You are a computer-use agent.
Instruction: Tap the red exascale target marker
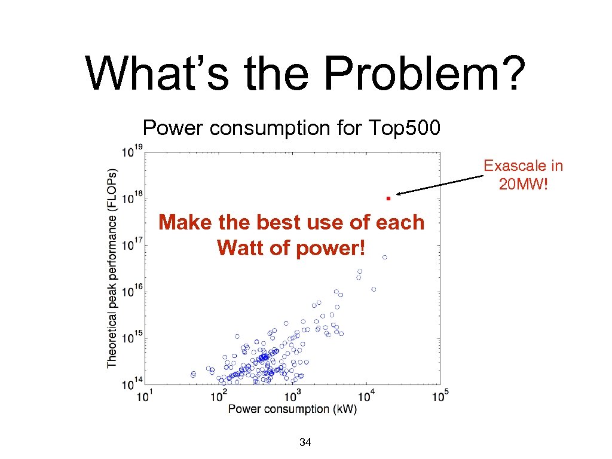[387, 197]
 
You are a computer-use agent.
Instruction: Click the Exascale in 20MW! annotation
[523, 175]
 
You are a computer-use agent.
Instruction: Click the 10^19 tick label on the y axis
[132, 151]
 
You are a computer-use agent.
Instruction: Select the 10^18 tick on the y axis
[132, 198]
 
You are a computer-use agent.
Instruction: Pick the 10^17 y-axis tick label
[132, 244]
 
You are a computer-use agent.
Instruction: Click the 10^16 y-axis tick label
[132, 291]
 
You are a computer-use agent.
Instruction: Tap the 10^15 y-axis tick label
[132, 337]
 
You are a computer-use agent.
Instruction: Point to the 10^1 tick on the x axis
[147, 395]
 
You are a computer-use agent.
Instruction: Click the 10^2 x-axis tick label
[220, 395]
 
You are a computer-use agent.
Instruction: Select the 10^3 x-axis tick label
[293, 395]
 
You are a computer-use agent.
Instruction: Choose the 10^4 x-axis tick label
[366, 395]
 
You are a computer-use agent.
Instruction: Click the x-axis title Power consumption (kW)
[292, 409]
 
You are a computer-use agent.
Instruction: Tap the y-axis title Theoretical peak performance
[112, 267]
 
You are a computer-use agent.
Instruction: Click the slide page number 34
[305, 443]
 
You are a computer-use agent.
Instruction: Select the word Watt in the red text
[240, 247]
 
